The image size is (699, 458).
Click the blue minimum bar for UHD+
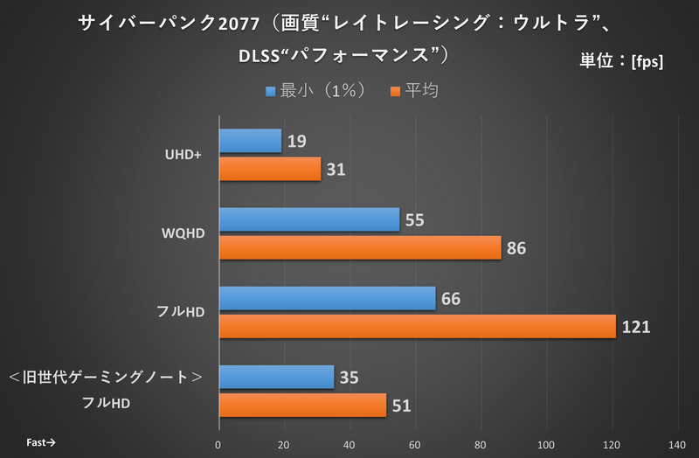(x=250, y=142)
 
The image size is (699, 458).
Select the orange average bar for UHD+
(x=269, y=169)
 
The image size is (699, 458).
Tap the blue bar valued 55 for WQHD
(x=308, y=220)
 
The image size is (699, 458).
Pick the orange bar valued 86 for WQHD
(x=359, y=247)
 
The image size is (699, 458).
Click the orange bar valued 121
(x=417, y=326)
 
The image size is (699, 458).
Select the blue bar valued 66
(x=327, y=299)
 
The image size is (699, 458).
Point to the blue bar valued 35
(x=276, y=378)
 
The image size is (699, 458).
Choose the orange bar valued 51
(x=302, y=405)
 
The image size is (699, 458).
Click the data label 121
(x=636, y=327)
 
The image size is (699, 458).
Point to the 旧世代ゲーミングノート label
(x=106, y=378)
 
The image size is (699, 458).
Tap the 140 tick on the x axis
(x=677, y=443)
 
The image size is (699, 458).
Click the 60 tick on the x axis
(x=415, y=443)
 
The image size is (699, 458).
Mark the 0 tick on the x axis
(x=218, y=443)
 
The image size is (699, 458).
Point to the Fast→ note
(x=40, y=442)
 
